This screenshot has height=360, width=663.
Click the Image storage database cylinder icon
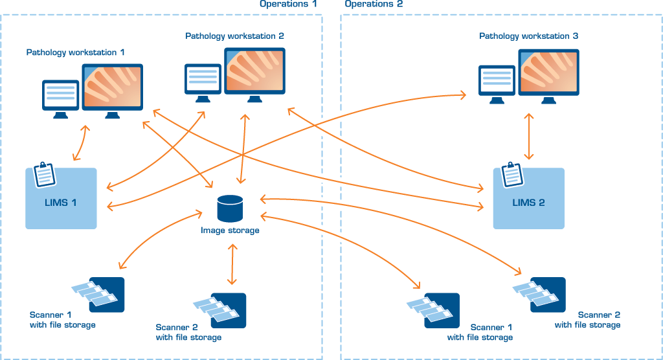point(230,208)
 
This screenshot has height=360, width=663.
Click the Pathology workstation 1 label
point(75,52)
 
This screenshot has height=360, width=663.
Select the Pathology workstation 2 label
point(234,36)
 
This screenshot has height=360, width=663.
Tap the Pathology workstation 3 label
point(528,36)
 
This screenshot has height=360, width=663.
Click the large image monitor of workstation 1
point(112,88)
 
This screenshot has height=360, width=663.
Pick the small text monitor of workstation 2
point(203,80)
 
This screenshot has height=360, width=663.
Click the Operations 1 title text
point(288,4)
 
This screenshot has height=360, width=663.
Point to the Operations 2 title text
point(374,4)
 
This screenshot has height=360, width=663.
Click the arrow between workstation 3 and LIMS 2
point(530,136)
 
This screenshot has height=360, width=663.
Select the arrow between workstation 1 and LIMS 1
point(81,143)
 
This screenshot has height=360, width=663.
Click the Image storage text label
point(230,230)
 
